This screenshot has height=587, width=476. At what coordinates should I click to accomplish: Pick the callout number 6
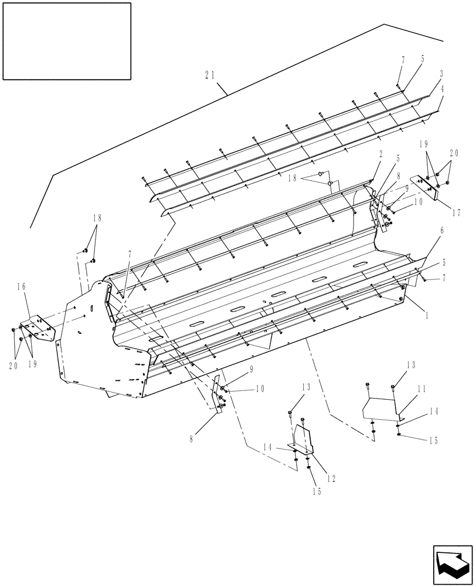[441, 231]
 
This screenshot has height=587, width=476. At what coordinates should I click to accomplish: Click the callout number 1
[426, 315]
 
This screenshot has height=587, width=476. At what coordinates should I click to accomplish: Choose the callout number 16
[22, 287]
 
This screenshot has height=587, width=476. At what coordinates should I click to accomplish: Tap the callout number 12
[331, 478]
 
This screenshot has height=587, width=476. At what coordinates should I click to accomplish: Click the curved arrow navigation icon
[452, 564]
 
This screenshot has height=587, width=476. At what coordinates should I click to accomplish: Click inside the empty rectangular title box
[67, 41]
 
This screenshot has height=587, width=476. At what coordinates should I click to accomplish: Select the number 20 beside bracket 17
[453, 153]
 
